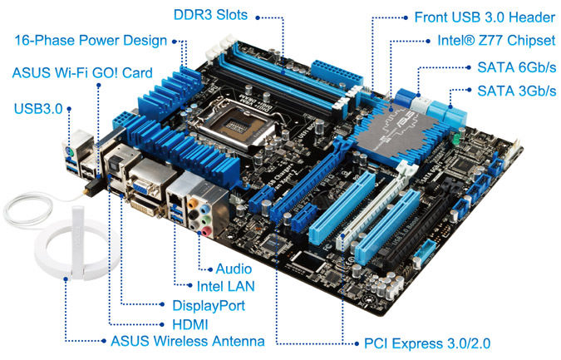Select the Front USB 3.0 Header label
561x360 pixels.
click(x=485, y=17)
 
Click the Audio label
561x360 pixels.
click(x=234, y=269)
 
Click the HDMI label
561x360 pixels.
click(x=189, y=323)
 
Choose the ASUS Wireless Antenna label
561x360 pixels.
click(x=187, y=341)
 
